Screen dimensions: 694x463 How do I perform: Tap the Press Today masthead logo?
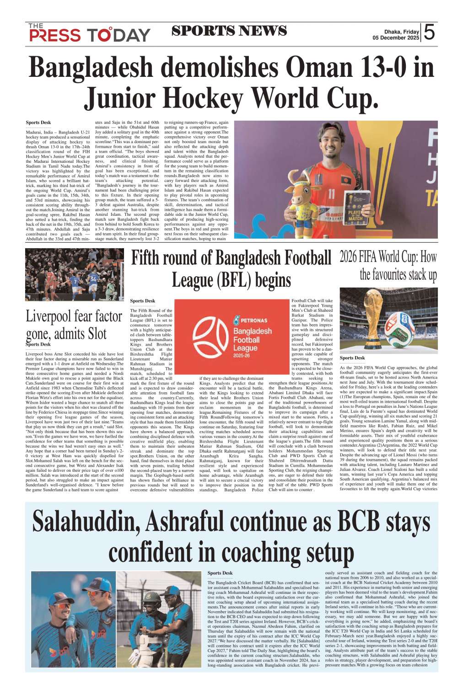pos(89,33)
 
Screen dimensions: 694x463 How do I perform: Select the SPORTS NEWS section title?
pos(229,31)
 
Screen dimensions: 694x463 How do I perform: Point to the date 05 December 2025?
pos(395,38)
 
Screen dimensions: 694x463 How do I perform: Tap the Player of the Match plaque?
pos(355,207)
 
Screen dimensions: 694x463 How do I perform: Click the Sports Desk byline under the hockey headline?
pos(38,123)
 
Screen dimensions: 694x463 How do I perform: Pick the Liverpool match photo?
pos(74,274)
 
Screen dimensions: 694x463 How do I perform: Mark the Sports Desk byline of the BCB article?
pos(220,573)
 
